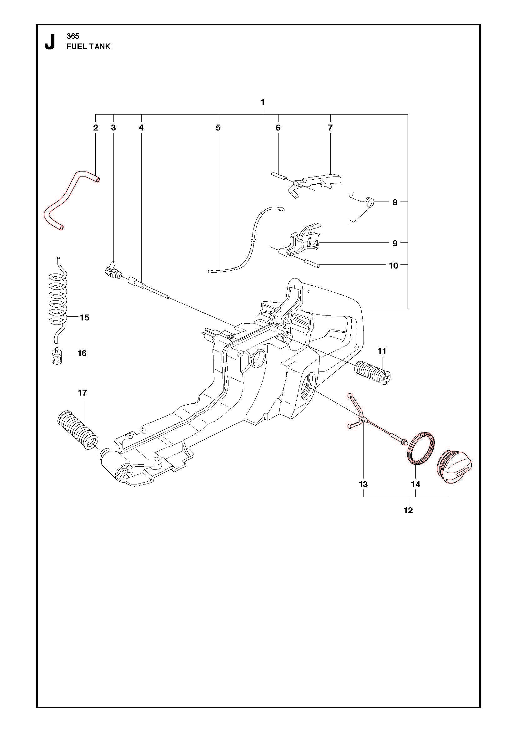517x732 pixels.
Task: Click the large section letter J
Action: pos(49,42)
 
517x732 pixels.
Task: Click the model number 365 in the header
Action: pos(73,36)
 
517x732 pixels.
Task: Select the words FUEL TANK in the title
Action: pos(88,47)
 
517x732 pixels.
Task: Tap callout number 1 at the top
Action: pos(263,102)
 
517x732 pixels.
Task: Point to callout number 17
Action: pos(83,393)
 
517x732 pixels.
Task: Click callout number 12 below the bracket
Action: pos(408,510)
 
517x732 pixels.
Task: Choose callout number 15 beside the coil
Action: pos(84,318)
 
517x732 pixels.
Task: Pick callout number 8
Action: pos(395,202)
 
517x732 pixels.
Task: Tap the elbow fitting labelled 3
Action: pos(112,269)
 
